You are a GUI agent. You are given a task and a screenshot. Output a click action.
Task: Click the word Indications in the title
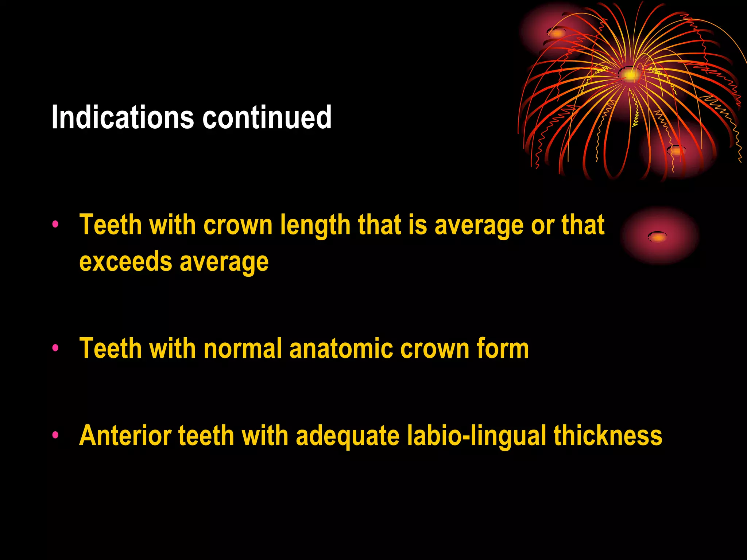pyautogui.click(x=123, y=117)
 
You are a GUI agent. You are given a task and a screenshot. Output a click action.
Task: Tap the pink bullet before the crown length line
pyautogui.click(x=55, y=224)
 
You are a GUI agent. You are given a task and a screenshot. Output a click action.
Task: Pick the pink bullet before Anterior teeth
pyautogui.click(x=55, y=435)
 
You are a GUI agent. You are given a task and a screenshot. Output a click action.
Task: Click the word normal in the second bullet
pyautogui.click(x=243, y=348)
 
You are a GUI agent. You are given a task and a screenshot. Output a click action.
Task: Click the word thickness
pyautogui.click(x=608, y=435)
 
